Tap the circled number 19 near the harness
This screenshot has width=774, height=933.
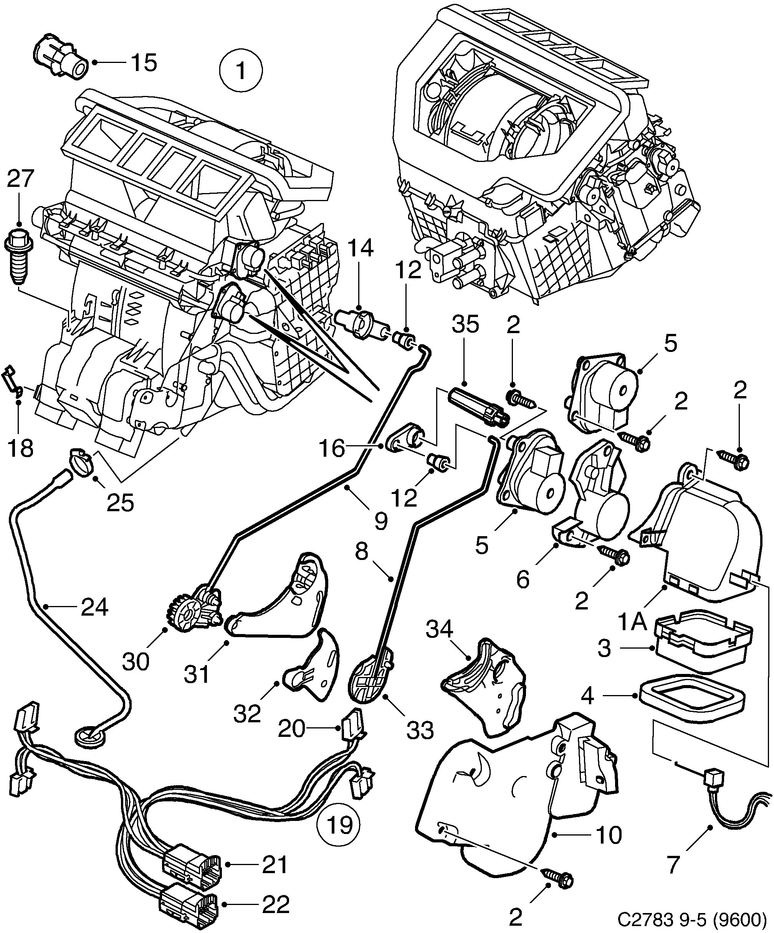pos(339,825)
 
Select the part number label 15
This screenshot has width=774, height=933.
pos(144,63)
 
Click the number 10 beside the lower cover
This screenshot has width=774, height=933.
pos(609,835)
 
